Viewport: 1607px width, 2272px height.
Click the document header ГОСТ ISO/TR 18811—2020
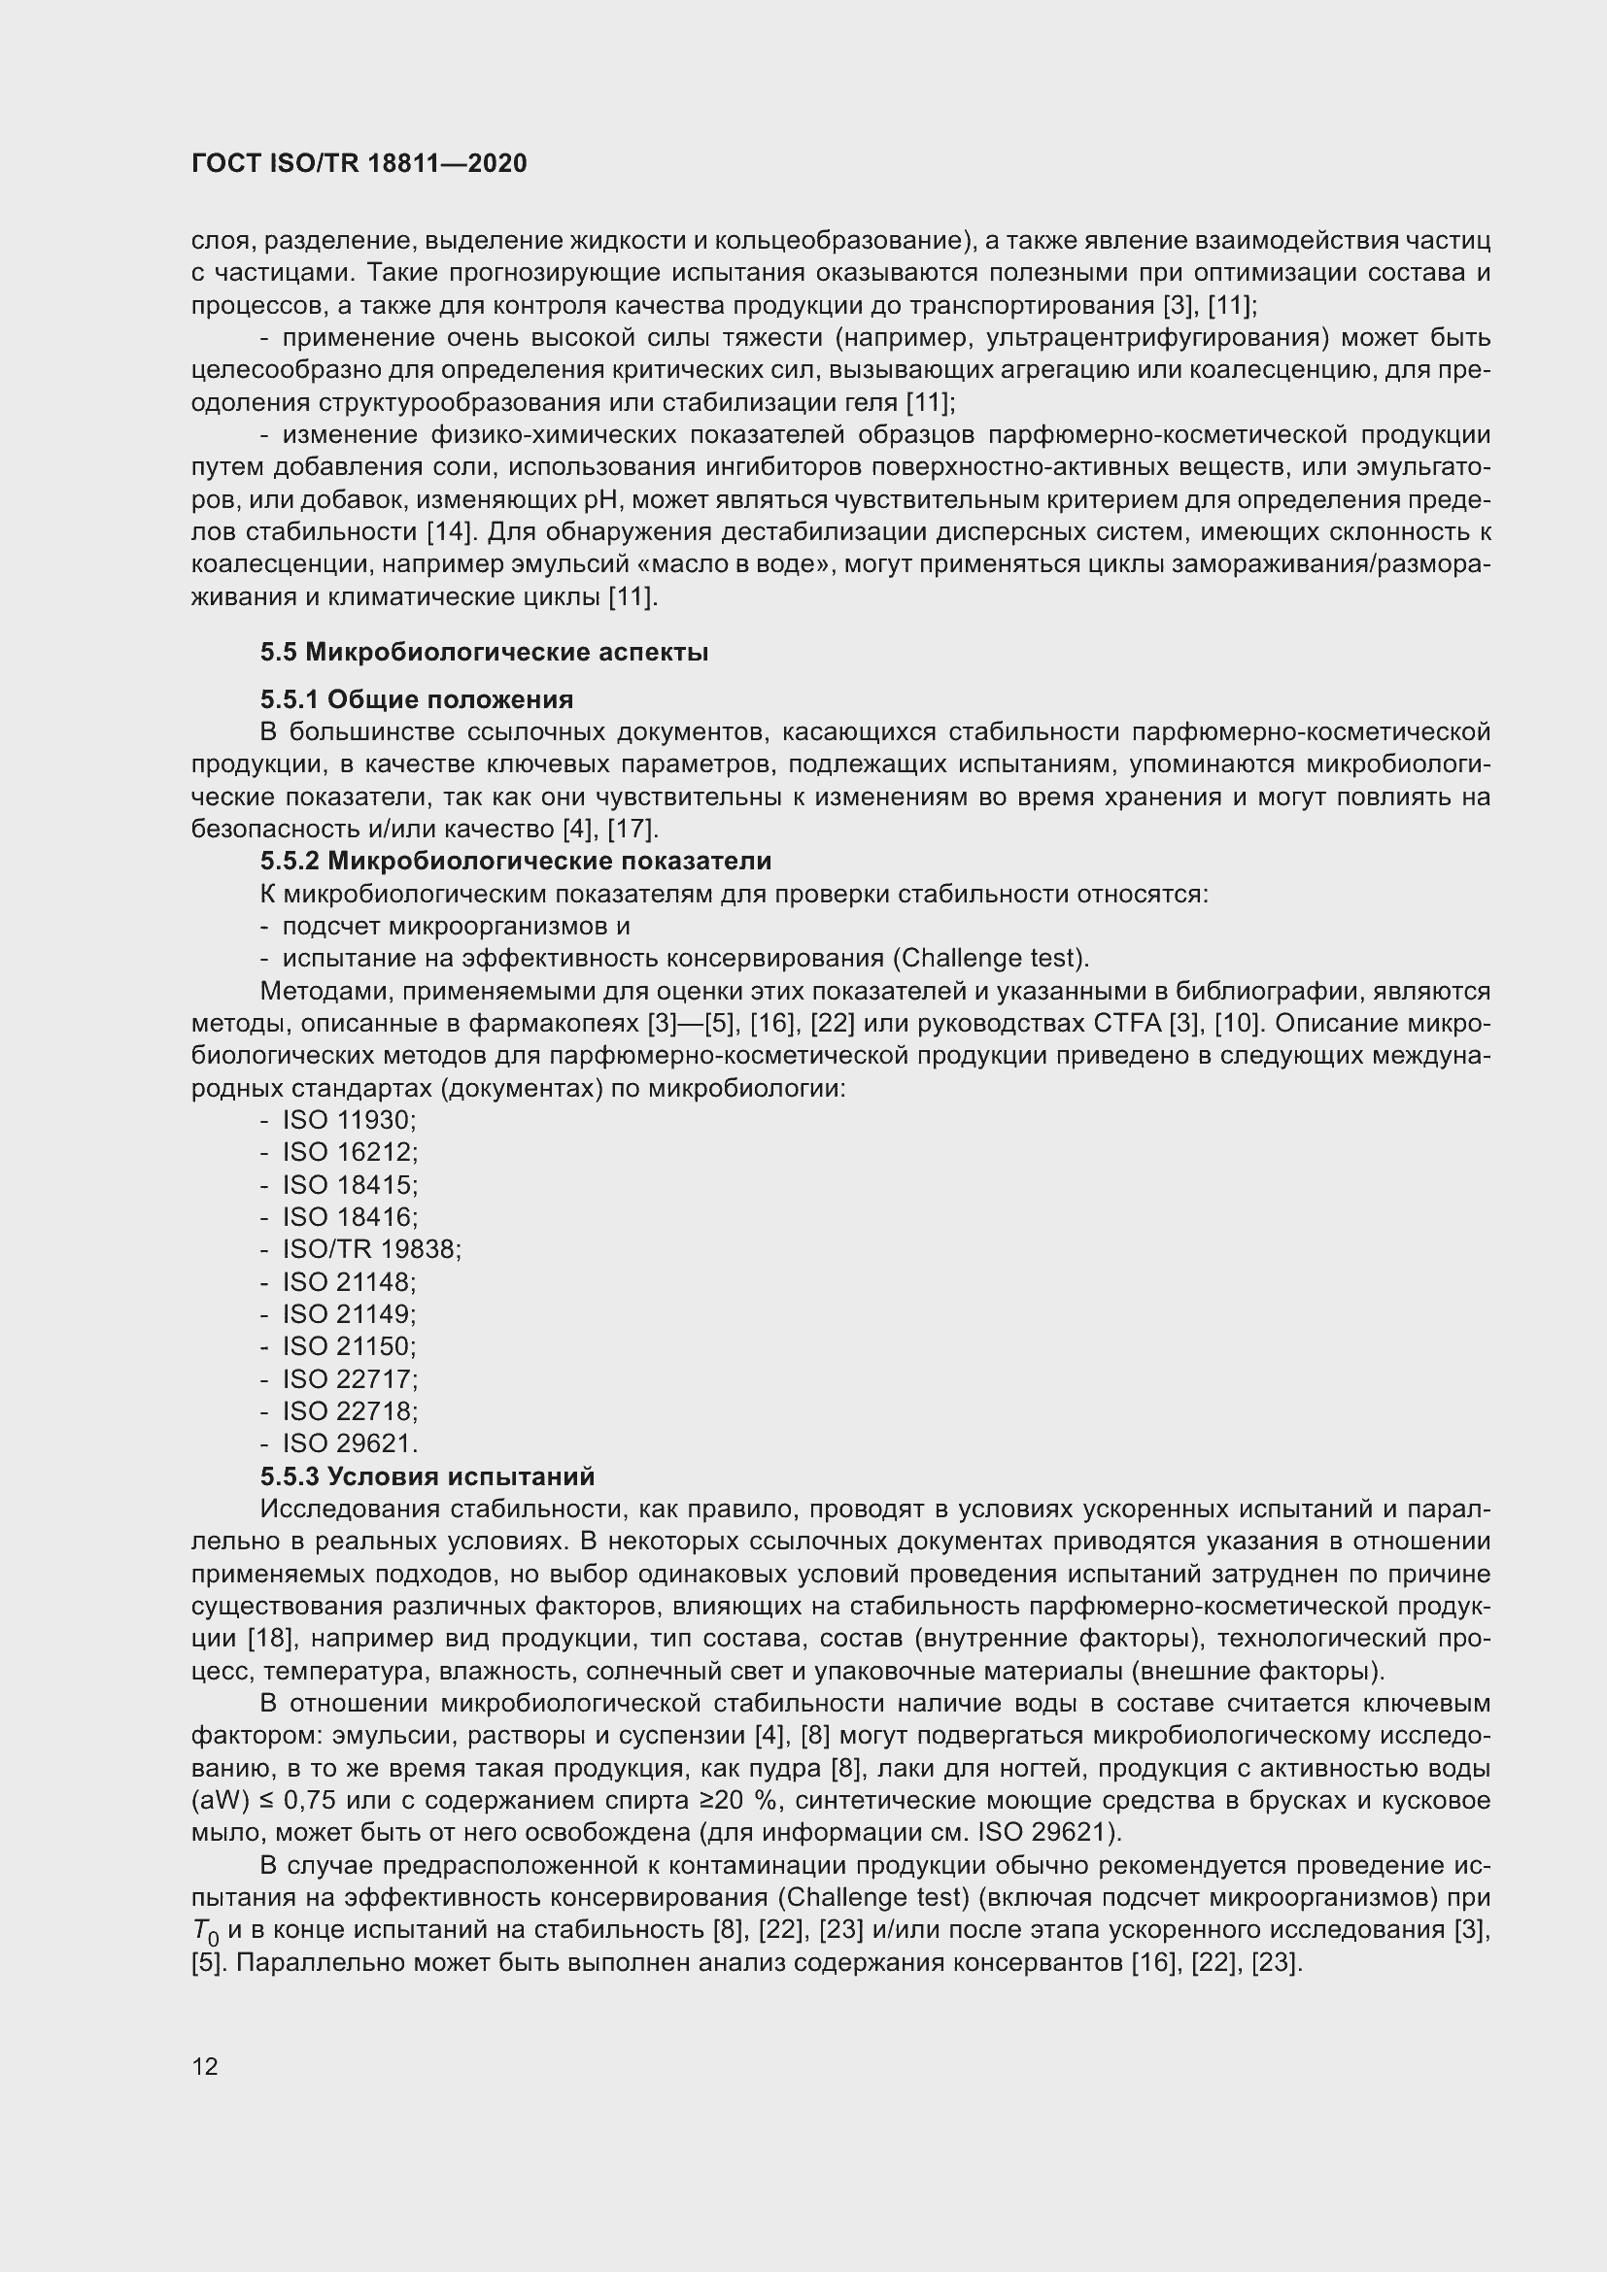[359, 163]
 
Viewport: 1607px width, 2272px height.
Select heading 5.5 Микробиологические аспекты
[484, 652]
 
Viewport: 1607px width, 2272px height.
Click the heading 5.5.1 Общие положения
[417, 699]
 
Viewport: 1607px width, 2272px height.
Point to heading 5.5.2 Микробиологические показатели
[516, 861]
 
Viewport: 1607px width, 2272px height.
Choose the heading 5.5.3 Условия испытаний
[427, 1476]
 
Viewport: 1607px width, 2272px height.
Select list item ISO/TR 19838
[371, 1250]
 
